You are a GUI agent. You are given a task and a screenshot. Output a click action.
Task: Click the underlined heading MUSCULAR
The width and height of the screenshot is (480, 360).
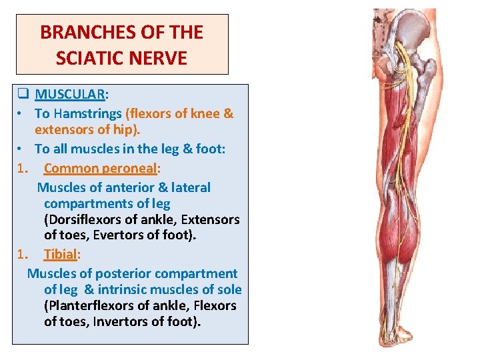[69, 95]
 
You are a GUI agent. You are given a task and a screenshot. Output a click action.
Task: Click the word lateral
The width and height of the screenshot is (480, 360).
[189, 187]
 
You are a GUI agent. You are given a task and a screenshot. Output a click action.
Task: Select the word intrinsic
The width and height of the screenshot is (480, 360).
[124, 289]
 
